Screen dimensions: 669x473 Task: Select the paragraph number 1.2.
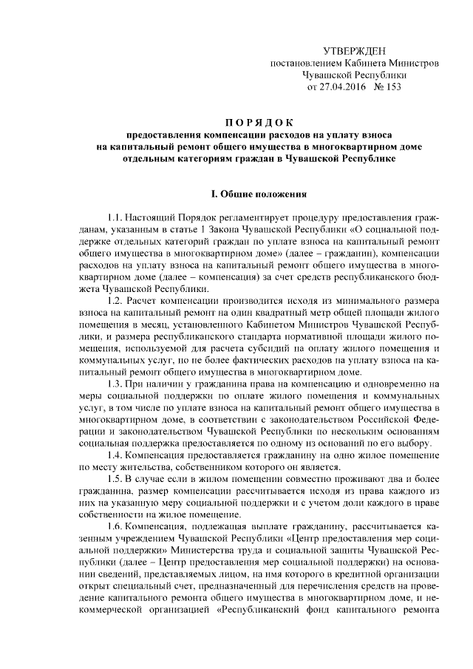pyautogui.click(x=115, y=301)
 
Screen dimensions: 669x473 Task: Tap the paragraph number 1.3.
pyautogui.click(x=115, y=384)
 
